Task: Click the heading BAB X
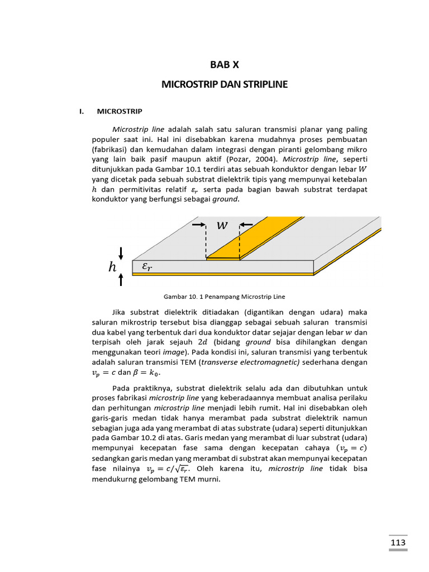tap(224, 65)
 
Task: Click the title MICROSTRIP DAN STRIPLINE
tap(224, 84)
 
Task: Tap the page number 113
tap(398, 543)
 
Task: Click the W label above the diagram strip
tap(222, 225)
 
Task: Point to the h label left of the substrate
tap(112, 268)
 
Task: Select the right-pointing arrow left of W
tap(198, 225)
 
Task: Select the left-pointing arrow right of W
tap(247, 225)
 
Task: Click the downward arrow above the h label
tap(121, 253)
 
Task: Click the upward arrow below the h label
tap(121, 280)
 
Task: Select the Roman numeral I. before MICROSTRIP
tap(82, 111)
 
